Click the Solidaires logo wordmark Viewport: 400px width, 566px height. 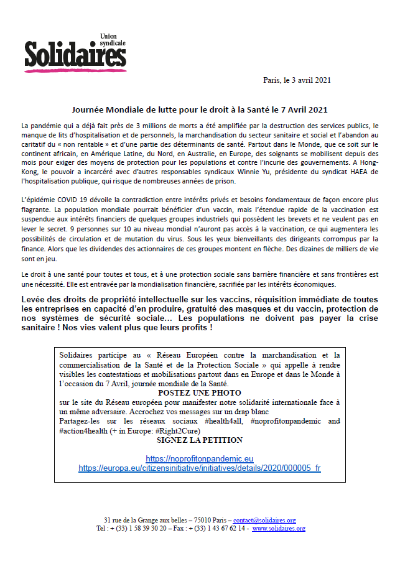point(75,55)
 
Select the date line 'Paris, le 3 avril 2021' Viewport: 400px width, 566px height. point(297,80)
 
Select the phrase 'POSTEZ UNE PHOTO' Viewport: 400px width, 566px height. point(199,393)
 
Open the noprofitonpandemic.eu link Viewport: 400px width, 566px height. point(199,458)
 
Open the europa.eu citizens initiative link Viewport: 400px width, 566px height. point(199,468)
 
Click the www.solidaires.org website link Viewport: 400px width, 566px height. point(278,528)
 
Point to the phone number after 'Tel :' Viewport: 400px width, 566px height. point(141,528)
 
